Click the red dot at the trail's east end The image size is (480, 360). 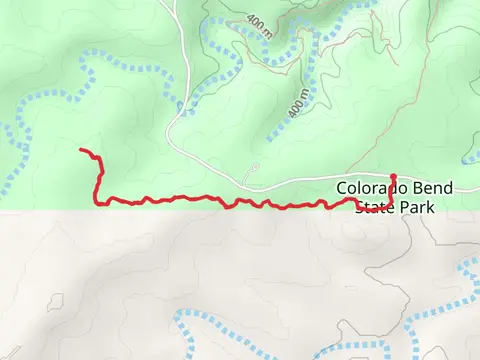pyautogui.click(x=393, y=177)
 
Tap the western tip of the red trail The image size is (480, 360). pyautogui.click(x=82, y=150)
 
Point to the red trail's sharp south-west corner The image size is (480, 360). pyautogui.click(x=98, y=202)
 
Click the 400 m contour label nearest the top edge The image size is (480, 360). pyautogui.click(x=257, y=23)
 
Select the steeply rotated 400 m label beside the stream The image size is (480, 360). pyautogui.click(x=297, y=98)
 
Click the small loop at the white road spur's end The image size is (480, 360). pyautogui.click(x=255, y=166)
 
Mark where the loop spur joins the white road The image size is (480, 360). pyautogui.click(x=244, y=184)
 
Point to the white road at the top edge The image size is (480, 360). pyautogui.click(x=176, y=5)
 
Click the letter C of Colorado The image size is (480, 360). pyautogui.click(x=342, y=188)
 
